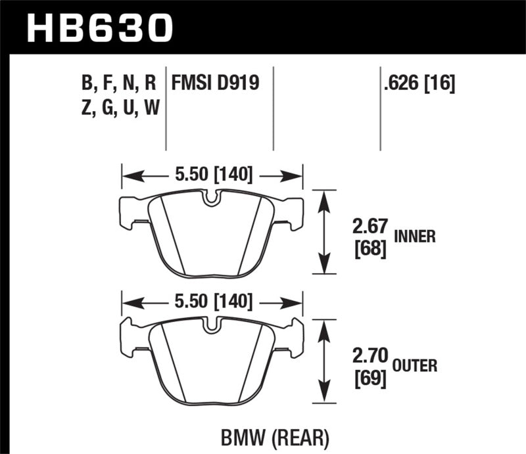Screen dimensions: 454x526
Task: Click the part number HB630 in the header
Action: tap(99, 28)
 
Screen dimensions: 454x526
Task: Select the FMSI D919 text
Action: tap(215, 83)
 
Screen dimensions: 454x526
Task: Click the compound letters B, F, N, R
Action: tap(118, 83)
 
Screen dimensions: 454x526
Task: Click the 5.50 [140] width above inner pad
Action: tap(212, 175)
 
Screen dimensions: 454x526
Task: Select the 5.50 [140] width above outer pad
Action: tap(212, 302)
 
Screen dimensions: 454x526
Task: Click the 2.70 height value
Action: tap(367, 359)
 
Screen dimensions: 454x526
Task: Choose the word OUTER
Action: tap(416, 365)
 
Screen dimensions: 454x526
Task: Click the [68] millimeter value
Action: tap(367, 251)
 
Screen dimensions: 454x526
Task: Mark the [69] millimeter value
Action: tap(367, 379)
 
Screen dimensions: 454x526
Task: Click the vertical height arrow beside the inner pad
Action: tap(322, 231)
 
